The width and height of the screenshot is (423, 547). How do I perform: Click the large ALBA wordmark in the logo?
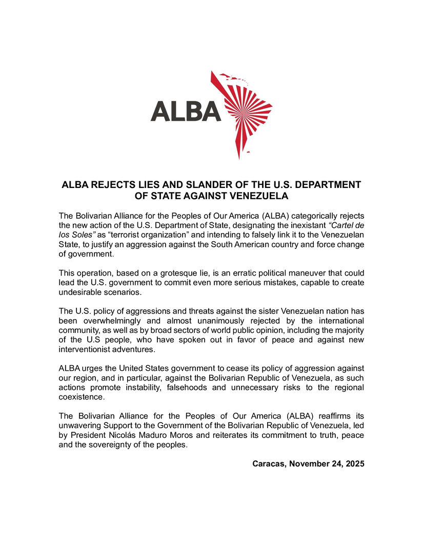coord(186,111)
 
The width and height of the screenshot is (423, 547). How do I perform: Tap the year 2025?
coord(354,464)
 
